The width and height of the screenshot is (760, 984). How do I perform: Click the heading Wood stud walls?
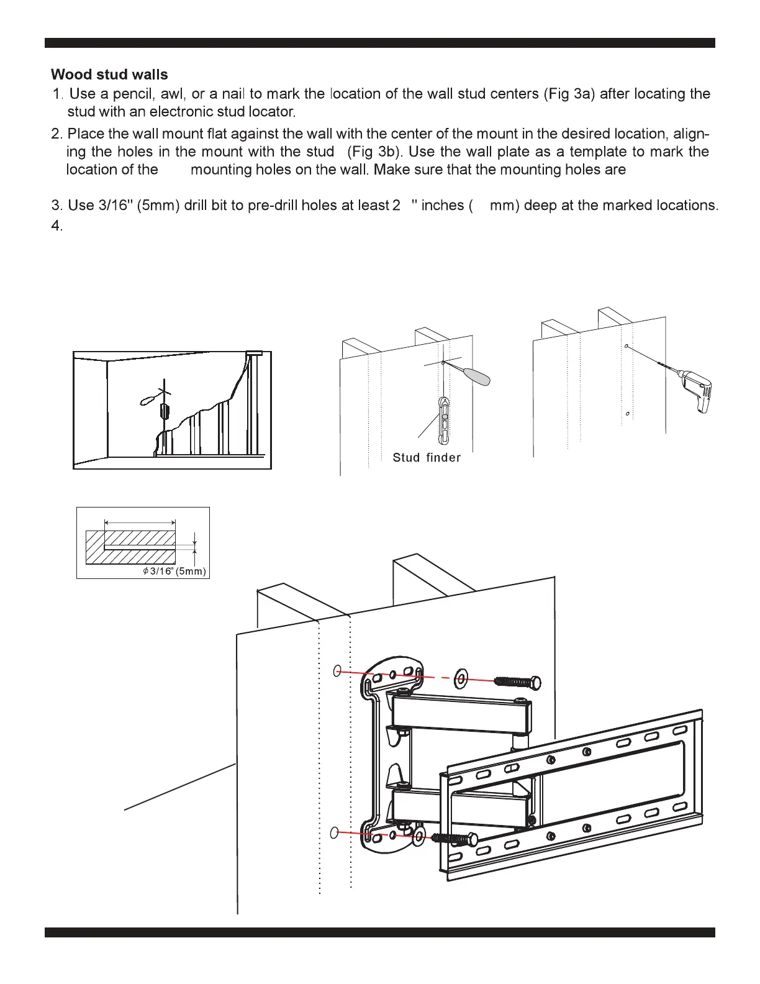point(109,75)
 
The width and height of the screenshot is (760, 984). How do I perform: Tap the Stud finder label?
point(427,458)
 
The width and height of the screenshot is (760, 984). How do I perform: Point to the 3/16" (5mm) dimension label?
point(174,572)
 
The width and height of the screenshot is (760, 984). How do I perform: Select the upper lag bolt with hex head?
point(517,683)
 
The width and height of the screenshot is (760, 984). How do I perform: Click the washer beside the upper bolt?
point(461,678)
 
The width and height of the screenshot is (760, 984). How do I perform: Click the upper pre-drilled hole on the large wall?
point(338,671)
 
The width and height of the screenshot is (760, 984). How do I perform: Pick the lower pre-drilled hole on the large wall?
point(335,833)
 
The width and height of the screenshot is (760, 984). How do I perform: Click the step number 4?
point(57,226)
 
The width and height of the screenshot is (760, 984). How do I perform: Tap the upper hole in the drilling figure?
point(627,346)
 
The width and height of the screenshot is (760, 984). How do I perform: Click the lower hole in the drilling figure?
point(628,413)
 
